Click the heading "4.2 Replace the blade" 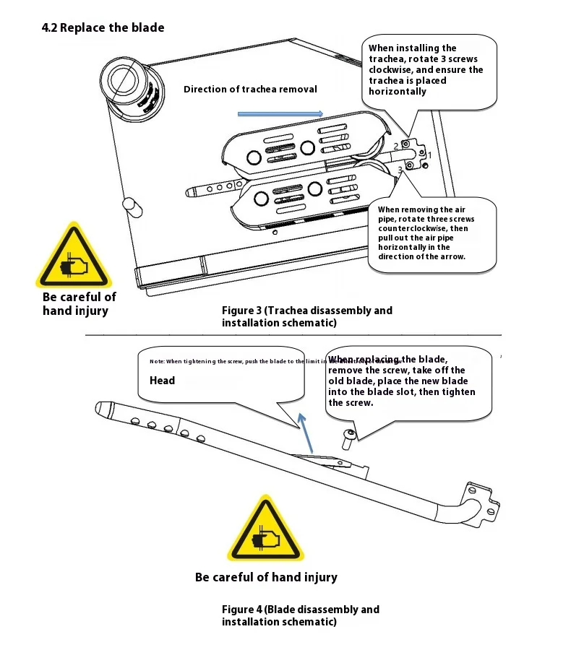tap(103, 28)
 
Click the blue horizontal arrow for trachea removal tap(280, 113)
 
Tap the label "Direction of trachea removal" tap(250, 90)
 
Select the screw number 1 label tap(429, 155)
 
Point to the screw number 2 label tap(396, 146)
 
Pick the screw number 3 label tap(400, 170)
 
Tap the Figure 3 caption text tap(306, 316)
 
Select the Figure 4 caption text tap(300, 615)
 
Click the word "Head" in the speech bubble tap(163, 381)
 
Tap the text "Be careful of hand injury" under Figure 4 tap(266, 577)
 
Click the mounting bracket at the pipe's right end tap(481, 500)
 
